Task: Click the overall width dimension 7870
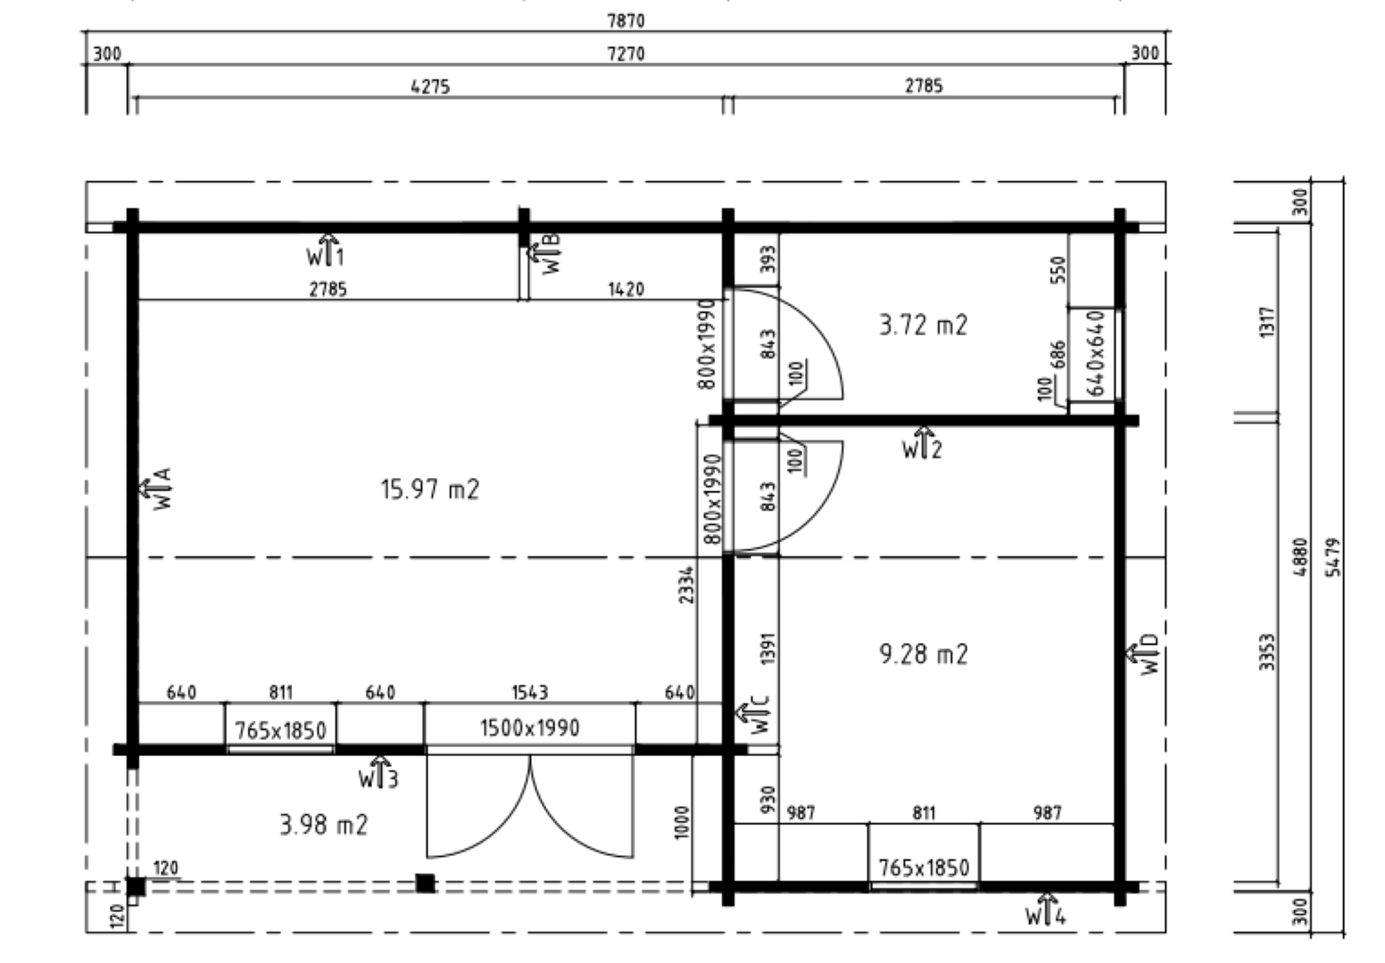626,21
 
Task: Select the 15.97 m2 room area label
430,490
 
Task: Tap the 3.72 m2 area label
923,325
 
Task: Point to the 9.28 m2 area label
923,654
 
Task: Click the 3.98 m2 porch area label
323,825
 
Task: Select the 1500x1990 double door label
530,728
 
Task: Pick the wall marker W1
325,251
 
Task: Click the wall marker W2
922,443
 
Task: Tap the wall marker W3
378,772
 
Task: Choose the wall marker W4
1046,909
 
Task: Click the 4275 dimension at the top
430,86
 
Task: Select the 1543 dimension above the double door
530,693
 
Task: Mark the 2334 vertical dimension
686,584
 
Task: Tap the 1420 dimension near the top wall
626,289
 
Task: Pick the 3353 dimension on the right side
1267,652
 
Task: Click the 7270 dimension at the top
626,54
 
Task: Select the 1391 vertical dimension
767,648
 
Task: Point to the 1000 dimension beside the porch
681,822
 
